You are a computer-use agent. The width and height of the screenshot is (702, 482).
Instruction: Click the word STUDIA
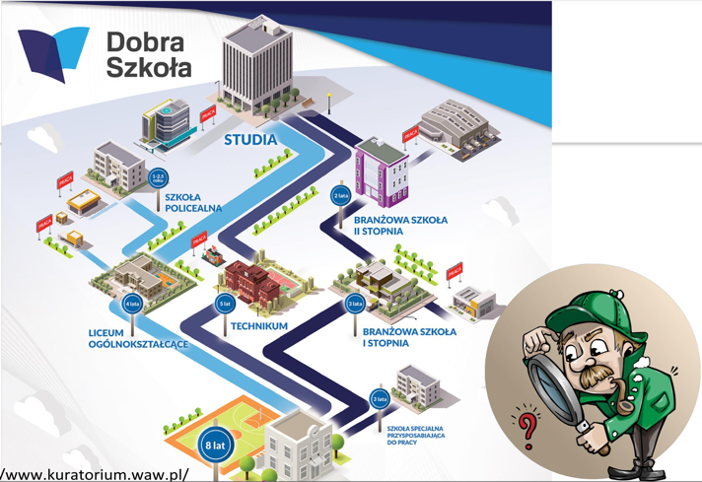(250, 139)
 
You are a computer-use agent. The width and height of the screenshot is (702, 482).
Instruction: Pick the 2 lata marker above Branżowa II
(340, 196)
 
